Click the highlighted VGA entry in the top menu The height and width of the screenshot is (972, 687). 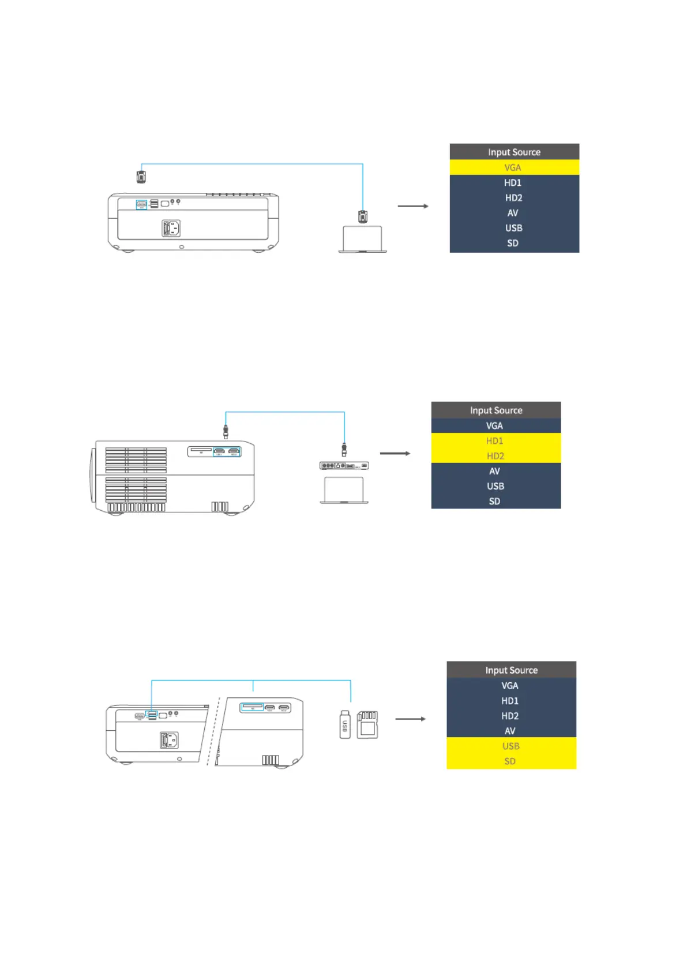click(x=513, y=167)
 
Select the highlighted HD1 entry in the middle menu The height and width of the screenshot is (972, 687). click(x=494, y=441)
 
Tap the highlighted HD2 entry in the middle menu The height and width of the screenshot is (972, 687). click(x=495, y=456)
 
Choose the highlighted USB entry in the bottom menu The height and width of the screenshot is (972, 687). click(x=510, y=746)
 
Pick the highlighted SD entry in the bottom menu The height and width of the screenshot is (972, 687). click(x=510, y=761)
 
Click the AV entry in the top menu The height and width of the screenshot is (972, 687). click(x=513, y=213)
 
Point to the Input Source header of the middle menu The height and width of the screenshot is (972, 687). click(x=495, y=410)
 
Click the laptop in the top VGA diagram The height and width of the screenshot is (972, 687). click(x=362, y=239)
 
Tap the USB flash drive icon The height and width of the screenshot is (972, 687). click(x=345, y=724)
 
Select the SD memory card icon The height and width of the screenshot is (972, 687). click(x=367, y=724)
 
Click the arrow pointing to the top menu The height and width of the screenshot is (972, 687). click(x=413, y=206)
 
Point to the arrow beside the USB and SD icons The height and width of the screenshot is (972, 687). click(x=410, y=719)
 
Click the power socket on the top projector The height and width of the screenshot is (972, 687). click(x=171, y=228)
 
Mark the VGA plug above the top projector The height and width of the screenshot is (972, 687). click(x=141, y=176)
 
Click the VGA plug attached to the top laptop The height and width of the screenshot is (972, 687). click(x=362, y=216)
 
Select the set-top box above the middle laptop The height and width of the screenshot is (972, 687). click(x=344, y=465)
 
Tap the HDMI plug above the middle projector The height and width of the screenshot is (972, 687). click(x=226, y=431)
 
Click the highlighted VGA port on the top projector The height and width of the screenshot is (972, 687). click(x=141, y=204)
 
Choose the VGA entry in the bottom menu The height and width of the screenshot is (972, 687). click(x=510, y=686)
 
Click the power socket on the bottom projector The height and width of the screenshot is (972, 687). click(x=169, y=739)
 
